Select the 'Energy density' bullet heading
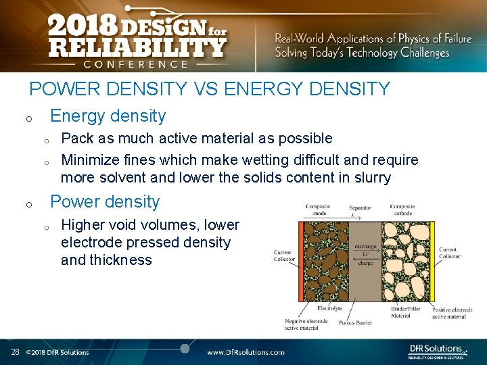108,116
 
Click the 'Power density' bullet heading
105,201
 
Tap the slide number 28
15,352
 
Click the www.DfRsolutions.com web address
246,352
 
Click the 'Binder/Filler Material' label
406,312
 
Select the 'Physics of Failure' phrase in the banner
425,39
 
